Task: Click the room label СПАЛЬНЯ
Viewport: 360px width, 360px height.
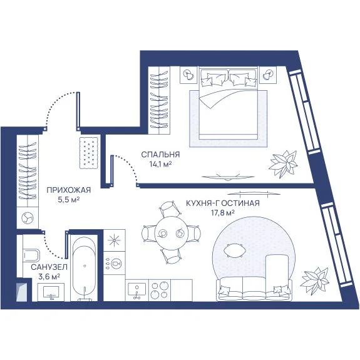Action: [x=160, y=155]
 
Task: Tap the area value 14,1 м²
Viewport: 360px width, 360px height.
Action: [x=161, y=165]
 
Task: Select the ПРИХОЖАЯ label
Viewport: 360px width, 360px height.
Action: [x=69, y=190]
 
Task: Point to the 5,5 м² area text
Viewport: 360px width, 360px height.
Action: [x=69, y=200]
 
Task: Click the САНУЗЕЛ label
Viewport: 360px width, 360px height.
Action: [x=49, y=267]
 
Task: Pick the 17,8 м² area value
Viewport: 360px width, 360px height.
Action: [x=223, y=213]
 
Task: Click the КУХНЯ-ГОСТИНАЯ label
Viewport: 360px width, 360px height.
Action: [x=223, y=203]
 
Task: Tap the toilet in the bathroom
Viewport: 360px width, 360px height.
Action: [x=31, y=255]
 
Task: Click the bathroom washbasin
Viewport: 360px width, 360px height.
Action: [x=51, y=292]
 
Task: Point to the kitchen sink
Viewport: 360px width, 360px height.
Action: [x=137, y=290]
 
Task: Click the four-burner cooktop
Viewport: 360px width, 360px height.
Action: [x=160, y=291]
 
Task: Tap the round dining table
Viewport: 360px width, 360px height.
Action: [x=172, y=233]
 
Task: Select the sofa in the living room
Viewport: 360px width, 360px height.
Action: [x=254, y=289]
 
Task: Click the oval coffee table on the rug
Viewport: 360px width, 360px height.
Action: [x=234, y=250]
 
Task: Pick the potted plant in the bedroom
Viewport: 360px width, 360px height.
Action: [x=284, y=164]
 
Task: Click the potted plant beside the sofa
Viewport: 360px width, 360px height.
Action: [x=315, y=280]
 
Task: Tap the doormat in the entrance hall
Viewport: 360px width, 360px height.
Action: [x=89, y=153]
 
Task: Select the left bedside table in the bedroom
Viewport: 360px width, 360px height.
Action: [x=188, y=75]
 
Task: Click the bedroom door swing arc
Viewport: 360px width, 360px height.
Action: [x=129, y=166]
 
